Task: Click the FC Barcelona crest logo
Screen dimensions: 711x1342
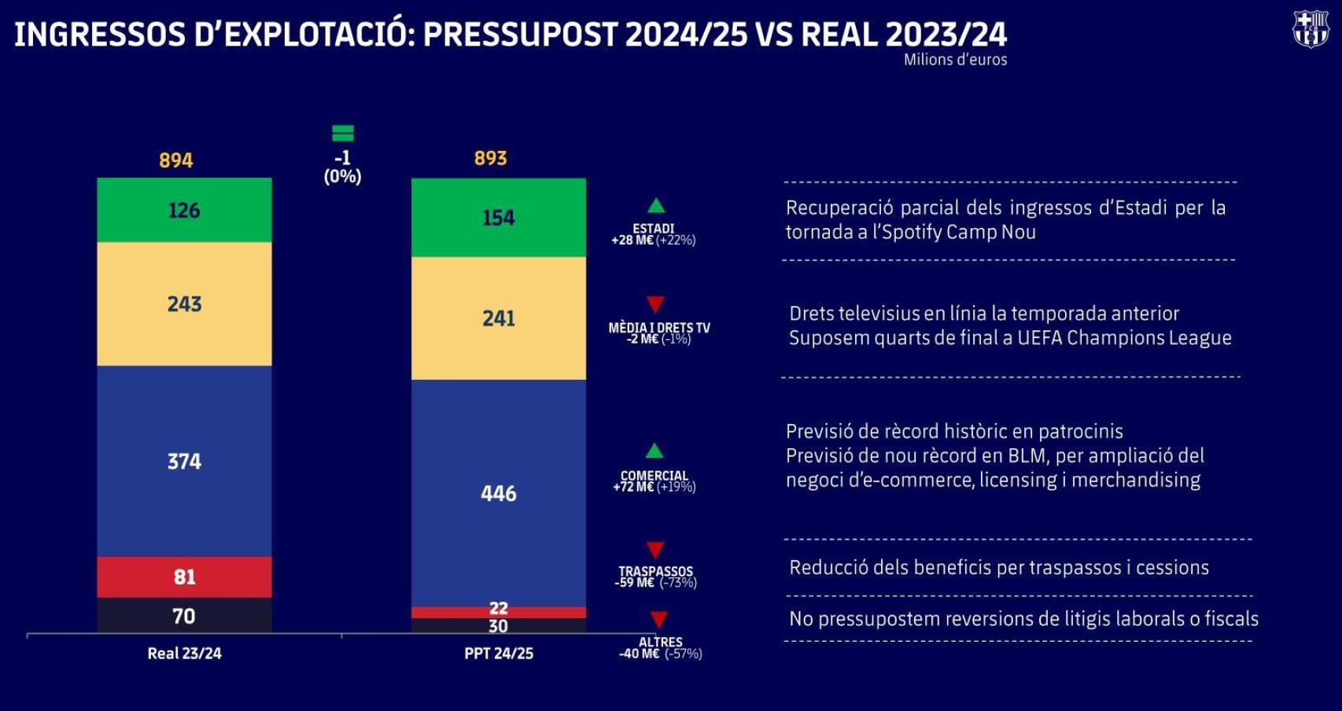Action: [x=1310, y=30]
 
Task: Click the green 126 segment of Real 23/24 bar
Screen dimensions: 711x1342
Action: [x=184, y=210]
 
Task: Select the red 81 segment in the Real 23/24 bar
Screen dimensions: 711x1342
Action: [x=184, y=577]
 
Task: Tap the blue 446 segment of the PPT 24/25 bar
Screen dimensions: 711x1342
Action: [x=499, y=493]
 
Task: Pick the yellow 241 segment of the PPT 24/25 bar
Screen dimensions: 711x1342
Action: [x=499, y=318]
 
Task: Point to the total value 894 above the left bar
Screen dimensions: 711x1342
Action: [x=175, y=160]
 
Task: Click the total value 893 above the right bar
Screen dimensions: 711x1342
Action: [x=490, y=158]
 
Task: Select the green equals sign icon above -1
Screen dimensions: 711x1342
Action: [x=342, y=133]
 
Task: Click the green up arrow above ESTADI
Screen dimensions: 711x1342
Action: [x=655, y=206]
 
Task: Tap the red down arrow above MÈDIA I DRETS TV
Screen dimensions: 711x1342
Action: [x=655, y=304]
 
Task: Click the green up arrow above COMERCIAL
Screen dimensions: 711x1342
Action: [x=654, y=451]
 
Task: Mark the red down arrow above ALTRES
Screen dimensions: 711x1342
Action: [x=659, y=620]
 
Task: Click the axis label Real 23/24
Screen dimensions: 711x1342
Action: [x=184, y=654]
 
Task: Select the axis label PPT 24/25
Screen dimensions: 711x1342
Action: [x=499, y=654]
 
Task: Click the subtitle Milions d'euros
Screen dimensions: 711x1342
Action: [x=955, y=60]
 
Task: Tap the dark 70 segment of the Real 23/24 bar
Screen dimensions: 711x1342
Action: [x=184, y=616]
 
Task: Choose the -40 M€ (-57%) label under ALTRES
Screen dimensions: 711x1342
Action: [x=660, y=654]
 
